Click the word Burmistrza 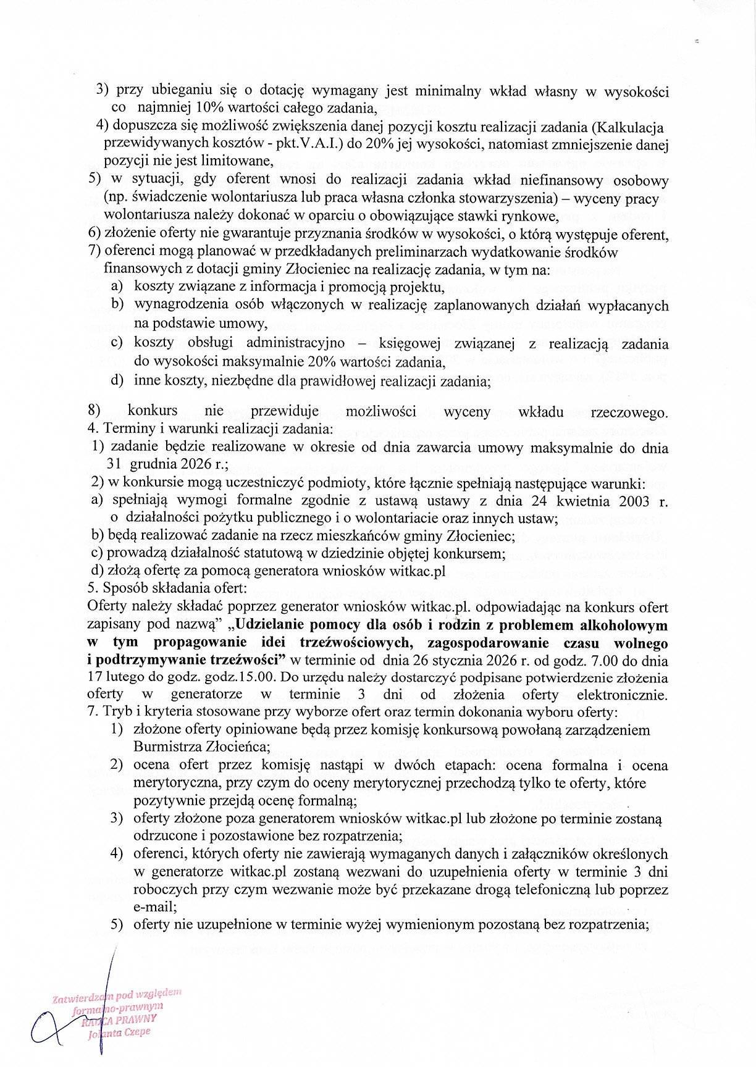click(172, 747)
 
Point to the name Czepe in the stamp click(136, 1032)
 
